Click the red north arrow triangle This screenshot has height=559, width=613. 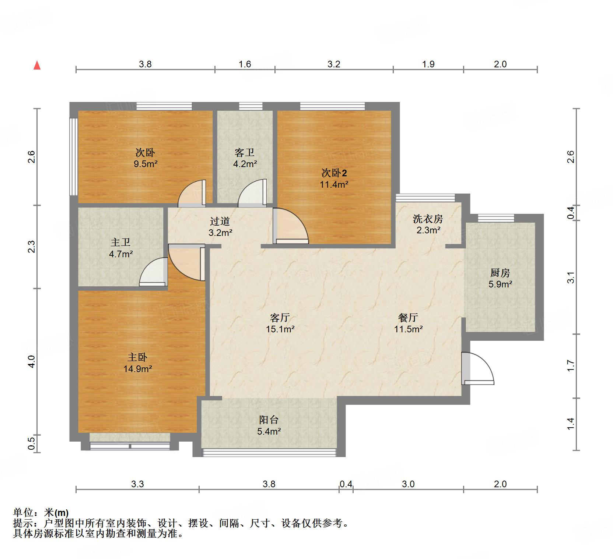tap(37, 66)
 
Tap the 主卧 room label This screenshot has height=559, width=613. tap(137, 357)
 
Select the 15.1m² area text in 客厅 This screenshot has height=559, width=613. tap(280, 329)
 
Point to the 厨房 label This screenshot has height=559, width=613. tap(500, 273)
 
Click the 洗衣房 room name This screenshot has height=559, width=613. tap(428, 219)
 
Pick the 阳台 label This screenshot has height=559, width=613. tap(269, 420)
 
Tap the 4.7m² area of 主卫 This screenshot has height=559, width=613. tap(121, 254)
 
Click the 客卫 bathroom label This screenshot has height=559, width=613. tap(245, 152)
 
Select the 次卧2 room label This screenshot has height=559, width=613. tap(334, 173)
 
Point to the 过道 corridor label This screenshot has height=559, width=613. tap(220, 221)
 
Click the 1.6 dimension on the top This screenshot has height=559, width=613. tap(245, 64)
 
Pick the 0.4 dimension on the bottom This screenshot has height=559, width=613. tap(346, 484)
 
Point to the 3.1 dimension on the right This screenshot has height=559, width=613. tap(571, 277)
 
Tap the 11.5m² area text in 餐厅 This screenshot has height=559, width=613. tap(408, 329)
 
